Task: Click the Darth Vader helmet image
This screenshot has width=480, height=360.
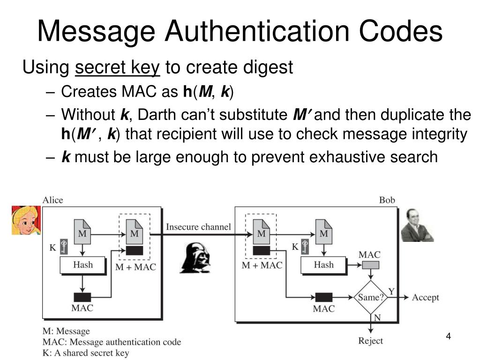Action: [195, 257]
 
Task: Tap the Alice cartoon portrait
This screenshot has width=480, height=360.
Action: [26, 220]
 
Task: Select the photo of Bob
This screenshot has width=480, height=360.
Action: [417, 225]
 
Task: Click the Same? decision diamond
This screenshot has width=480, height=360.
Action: [371, 297]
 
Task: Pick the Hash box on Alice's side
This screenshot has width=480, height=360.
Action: [83, 265]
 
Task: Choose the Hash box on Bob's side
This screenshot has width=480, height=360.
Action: [323, 265]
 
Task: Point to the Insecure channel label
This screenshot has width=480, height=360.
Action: [198, 227]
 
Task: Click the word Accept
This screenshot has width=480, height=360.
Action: [425, 298]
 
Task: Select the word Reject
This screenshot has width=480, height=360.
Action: [370, 341]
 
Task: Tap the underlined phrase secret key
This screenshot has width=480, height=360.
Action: [118, 68]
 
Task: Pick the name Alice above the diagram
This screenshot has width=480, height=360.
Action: [52, 200]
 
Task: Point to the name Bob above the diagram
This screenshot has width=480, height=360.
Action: [387, 200]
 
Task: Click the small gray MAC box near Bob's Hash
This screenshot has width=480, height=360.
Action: [370, 265]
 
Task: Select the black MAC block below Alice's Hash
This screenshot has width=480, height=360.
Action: [82, 297]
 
